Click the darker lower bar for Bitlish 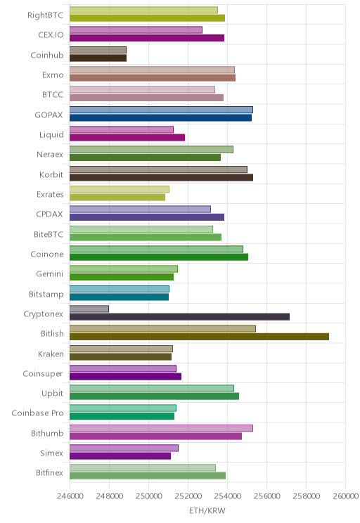[199, 337]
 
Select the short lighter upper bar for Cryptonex [89, 309]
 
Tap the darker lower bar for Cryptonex [179, 317]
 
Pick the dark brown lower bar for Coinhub [98, 58]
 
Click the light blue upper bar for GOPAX [161, 110]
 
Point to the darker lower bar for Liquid [127, 138]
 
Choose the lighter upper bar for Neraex [151, 150]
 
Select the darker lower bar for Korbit [161, 177]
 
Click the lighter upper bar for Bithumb [161, 428]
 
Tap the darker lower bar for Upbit [154, 396]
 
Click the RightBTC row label [46, 15]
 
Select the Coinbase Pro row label [37, 413]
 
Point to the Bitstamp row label [46, 294]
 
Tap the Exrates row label [50, 195]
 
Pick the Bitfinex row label [49, 472]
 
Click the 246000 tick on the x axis [70, 496]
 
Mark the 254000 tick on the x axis [228, 496]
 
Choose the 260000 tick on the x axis [346, 496]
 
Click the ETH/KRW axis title [207, 510]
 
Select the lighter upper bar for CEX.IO [136, 30]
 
